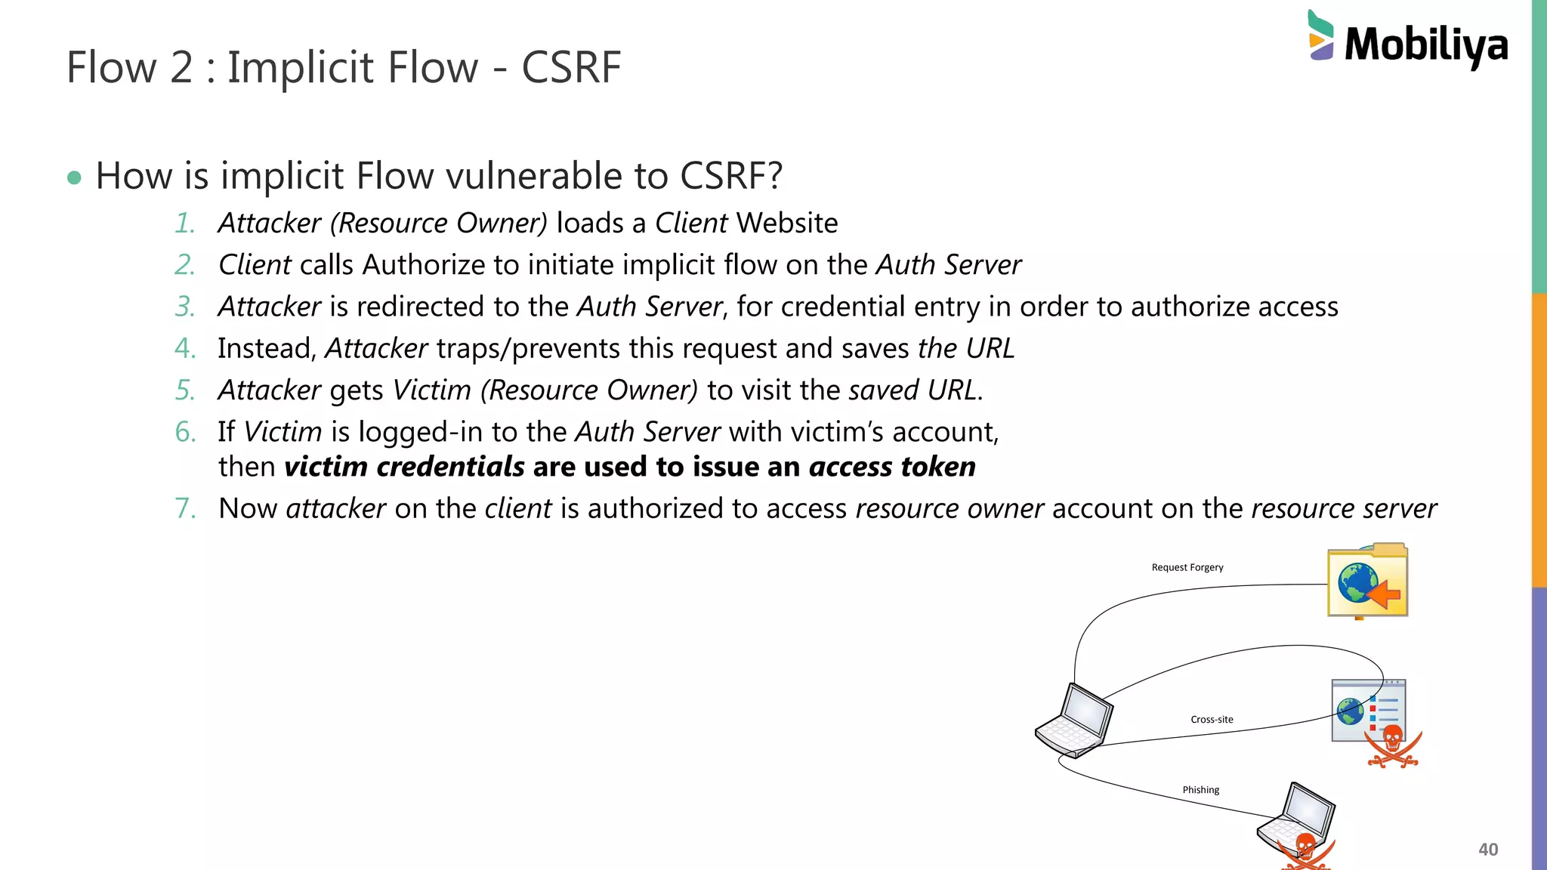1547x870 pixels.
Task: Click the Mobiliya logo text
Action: pyautogui.click(x=1425, y=44)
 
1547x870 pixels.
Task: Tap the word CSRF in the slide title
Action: pyautogui.click(x=571, y=67)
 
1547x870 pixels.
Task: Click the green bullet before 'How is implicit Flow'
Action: pyautogui.click(x=74, y=178)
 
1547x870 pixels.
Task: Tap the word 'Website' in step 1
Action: pyautogui.click(x=787, y=224)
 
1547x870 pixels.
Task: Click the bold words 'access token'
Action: pyautogui.click(x=892, y=467)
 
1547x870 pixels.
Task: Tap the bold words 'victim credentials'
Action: pyautogui.click(x=404, y=467)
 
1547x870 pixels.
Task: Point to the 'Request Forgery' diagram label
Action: pyautogui.click(x=1187, y=567)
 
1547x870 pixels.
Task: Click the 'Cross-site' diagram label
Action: pyautogui.click(x=1212, y=720)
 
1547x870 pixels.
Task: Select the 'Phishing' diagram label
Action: pyautogui.click(x=1200, y=790)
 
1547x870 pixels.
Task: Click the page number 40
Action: pyautogui.click(x=1487, y=850)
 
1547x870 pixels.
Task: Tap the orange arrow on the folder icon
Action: pyautogui.click(x=1384, y=594)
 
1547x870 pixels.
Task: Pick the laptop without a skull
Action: pyautogui.click(x=1074, y=720)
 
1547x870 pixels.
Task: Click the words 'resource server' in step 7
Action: pyautogui.click(x=1343, y=509)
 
